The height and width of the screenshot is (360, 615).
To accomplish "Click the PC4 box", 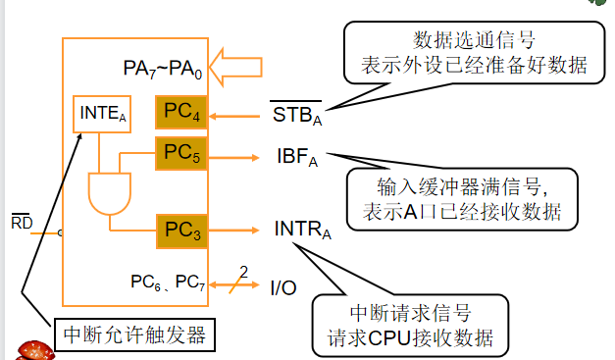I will tap(181, 114).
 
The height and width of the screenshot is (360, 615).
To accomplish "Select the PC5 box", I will tap(181, 153).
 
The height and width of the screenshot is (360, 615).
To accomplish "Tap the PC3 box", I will tap(181, 231).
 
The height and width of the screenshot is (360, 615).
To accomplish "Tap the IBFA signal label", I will tap(298, 157).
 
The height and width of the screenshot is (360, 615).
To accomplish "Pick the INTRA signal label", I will tap(302, 231).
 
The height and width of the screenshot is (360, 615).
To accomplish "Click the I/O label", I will tap(283, 287).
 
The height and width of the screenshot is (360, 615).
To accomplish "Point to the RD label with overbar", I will tap(21, 224).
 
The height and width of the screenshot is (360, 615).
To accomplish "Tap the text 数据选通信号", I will tap(472, 41).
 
